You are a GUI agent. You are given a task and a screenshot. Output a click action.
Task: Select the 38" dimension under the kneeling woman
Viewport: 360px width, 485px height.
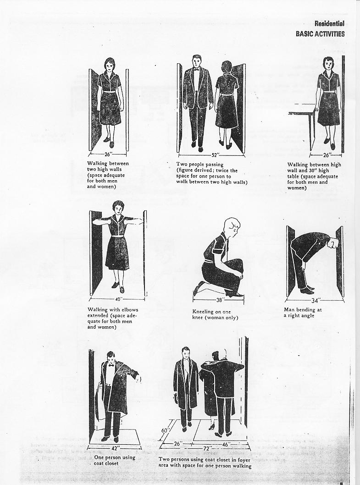coord(219,300)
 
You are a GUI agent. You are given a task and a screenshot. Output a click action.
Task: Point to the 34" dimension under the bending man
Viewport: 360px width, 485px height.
coord(315,301)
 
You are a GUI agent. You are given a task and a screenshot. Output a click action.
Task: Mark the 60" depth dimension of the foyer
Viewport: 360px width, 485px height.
coord(165,430)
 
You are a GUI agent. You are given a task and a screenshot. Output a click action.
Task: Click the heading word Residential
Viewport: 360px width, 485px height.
coord(329,24)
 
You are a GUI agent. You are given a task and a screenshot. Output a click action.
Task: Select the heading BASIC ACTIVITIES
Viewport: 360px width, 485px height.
coord(320,33)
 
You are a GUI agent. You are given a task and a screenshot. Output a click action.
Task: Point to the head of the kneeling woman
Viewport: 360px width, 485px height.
coord(231,226)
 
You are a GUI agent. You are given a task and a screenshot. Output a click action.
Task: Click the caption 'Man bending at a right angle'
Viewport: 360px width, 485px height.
coord(303,313)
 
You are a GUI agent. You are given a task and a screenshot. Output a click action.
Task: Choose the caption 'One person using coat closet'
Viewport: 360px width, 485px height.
coord(114,460)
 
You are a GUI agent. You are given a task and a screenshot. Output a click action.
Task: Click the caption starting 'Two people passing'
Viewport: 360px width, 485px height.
coord(211,173)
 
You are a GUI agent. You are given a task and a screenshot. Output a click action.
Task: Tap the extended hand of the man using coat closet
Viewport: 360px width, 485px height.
coord(138,378)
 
